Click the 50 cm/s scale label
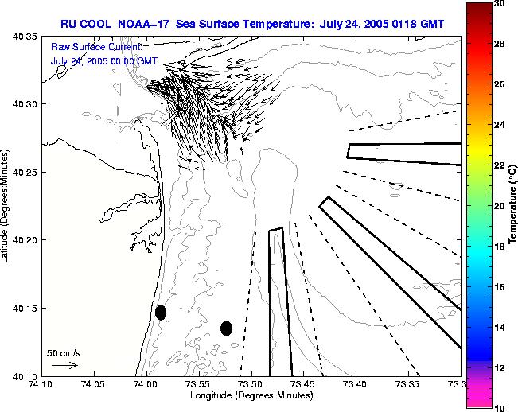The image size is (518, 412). click(63, 352)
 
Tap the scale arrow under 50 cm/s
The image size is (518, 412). click(64, 365)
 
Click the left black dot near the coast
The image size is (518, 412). click(161, 313)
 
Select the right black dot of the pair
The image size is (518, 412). click(226, 328)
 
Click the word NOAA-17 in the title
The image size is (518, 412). click(138, 23)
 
